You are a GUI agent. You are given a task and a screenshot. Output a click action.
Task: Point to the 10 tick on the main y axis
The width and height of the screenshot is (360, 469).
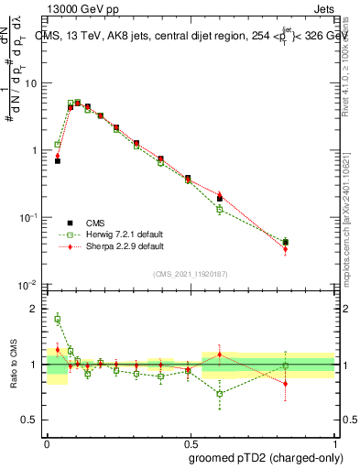coord(34,83)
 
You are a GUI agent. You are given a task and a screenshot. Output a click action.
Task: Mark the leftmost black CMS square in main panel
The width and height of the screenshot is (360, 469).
coord(57,160)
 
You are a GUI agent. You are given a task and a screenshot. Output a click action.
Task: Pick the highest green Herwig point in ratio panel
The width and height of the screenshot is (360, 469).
coord(57,319)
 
